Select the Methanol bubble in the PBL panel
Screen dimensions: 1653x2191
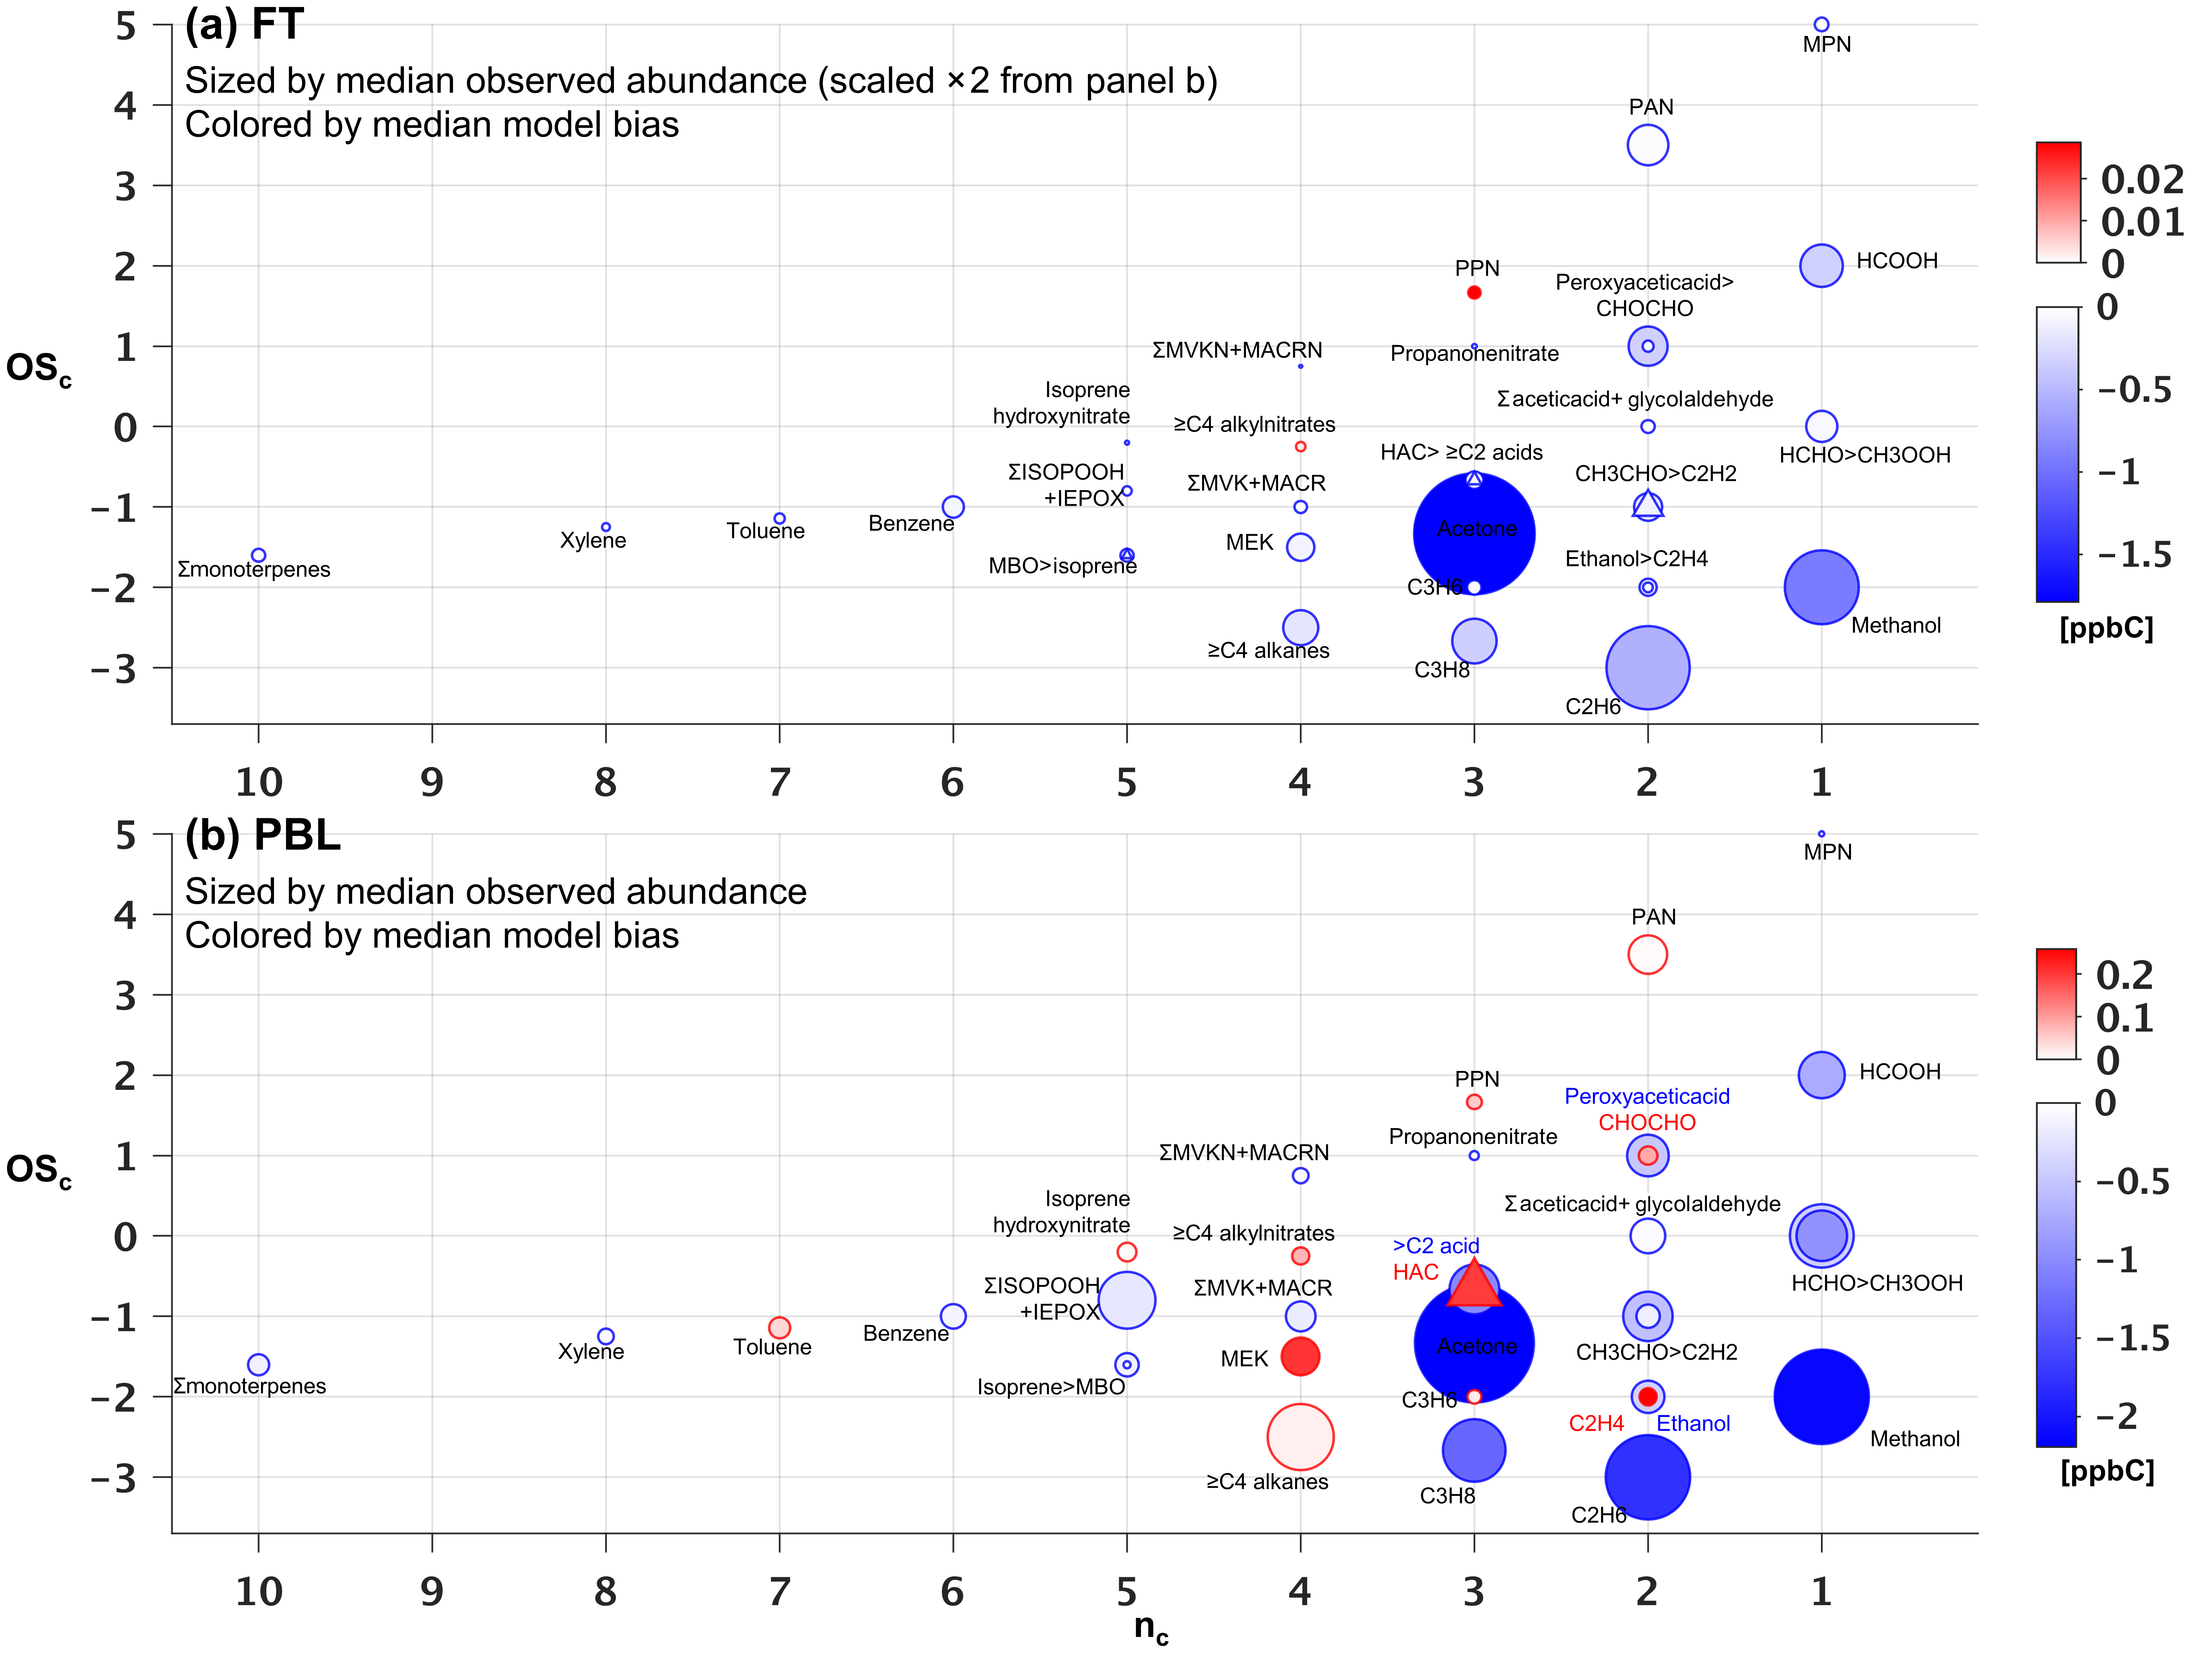[1820, 1397]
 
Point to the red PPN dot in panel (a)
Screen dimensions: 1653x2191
[1474, 292]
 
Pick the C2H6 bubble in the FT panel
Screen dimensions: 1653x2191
[1647, 668]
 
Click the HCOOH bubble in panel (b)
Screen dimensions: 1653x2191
[1820, 1075]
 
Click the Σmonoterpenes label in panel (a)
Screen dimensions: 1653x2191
[254, 570]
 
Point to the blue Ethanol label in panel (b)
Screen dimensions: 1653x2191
[1693, 1423]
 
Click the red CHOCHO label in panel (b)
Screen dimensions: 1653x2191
[1646, 1122]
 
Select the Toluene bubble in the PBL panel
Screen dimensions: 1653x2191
[780, 1327]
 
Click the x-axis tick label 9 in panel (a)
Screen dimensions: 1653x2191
[432, 782]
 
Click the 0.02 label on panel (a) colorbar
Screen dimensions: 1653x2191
[2141, 179]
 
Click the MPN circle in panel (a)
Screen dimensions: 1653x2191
[1820, 25]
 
